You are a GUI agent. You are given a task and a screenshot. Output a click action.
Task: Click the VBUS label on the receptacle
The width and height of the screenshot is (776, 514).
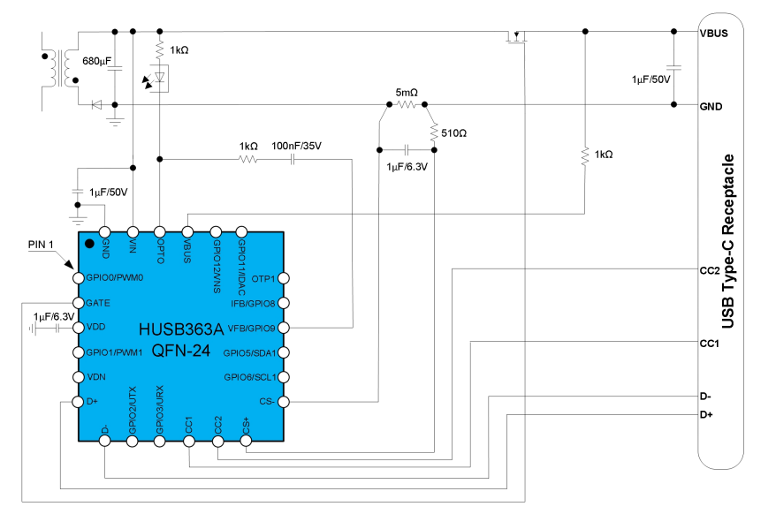pyautogui.click(x=715, y=33)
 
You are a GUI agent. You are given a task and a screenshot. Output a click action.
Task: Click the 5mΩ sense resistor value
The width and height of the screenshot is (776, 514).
pyautogui.click(x=407, y=92)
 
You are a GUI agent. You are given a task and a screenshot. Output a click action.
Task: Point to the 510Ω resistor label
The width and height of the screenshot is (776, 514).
pyautogui.click(x=454, y=134)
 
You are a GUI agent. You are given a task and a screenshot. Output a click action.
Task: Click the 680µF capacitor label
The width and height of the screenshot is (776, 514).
pyautogui.click(x=96, y=62)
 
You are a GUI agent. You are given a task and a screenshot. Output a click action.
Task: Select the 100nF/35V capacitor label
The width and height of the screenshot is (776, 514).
pyautogui.click(x=297, y=146)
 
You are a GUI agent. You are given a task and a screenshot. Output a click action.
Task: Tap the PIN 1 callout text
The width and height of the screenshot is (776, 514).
pyautogui.click(x=42, y=243)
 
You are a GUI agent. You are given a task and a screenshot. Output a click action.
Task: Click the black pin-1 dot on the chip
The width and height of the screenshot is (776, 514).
pyautogui.click(x=89, y=243)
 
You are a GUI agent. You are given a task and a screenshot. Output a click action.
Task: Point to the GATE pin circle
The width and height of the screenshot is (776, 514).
pyautogui.click(x=78, y=302)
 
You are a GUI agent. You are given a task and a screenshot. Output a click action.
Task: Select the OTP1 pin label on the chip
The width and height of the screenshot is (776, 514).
pyautogui.click(x=263, y=278)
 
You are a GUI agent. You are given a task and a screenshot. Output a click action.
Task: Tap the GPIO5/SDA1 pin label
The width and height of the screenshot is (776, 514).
pyautogui.click(x=250, y=352)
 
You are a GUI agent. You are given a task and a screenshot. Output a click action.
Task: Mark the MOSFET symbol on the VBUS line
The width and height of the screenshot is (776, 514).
pyautogui.click(x=514, y=38)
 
